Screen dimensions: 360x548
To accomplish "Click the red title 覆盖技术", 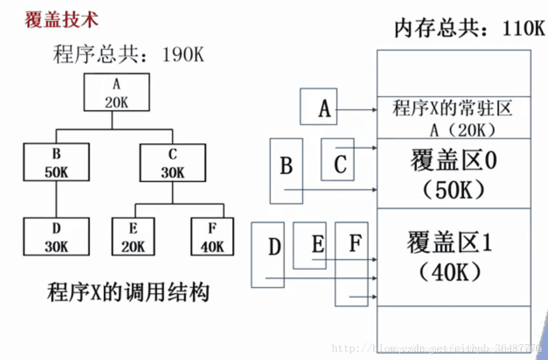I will click(x=61, y=19).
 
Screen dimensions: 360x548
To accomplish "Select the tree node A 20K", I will click(x=116, y=92).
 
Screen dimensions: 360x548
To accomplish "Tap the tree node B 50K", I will click(x=56, y=163).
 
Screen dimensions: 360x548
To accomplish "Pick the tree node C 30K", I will click(x=173, y=163).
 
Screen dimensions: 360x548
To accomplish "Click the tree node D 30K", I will click(x=56, y=236).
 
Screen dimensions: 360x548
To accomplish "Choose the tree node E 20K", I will click(x=133, y=236).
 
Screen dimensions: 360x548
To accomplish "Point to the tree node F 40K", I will click(x=212, y=236).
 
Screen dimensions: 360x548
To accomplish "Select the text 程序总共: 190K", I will click(x=128, y=55).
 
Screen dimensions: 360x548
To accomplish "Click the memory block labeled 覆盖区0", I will click(x=454, y=173).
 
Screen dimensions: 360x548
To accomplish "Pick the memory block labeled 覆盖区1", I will click(x=454, y=256).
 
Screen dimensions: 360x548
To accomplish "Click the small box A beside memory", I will click(x=319, y=107).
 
